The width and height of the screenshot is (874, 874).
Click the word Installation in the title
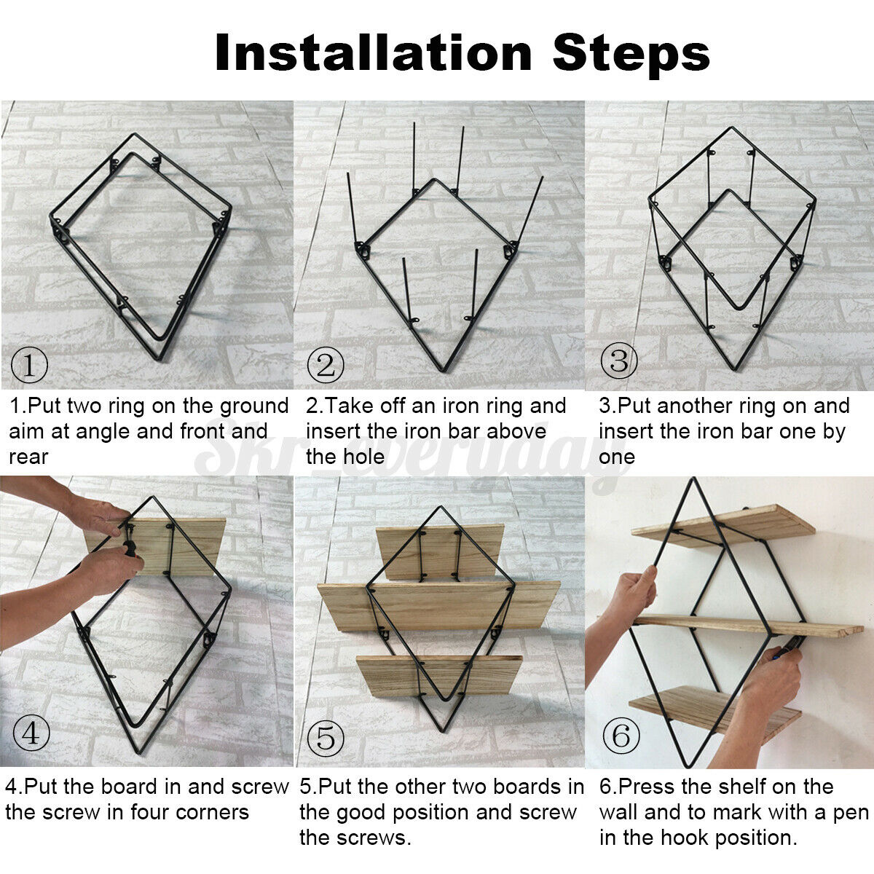click(x=374, y=53)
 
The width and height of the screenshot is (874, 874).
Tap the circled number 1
click(x=29, y=365)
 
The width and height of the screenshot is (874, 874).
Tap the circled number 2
click(x=325, y=365)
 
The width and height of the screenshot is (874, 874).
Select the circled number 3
click(x=618, y=361)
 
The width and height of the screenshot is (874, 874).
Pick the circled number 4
click(x=31, y=733)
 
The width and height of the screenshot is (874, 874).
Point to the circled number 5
click(x=326, y=738)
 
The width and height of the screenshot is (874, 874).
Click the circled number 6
click(x=621, y=735)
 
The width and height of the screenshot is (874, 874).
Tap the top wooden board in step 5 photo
click(x=440, y=551)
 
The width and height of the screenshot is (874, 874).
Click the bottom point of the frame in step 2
click(x=443, y=371)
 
